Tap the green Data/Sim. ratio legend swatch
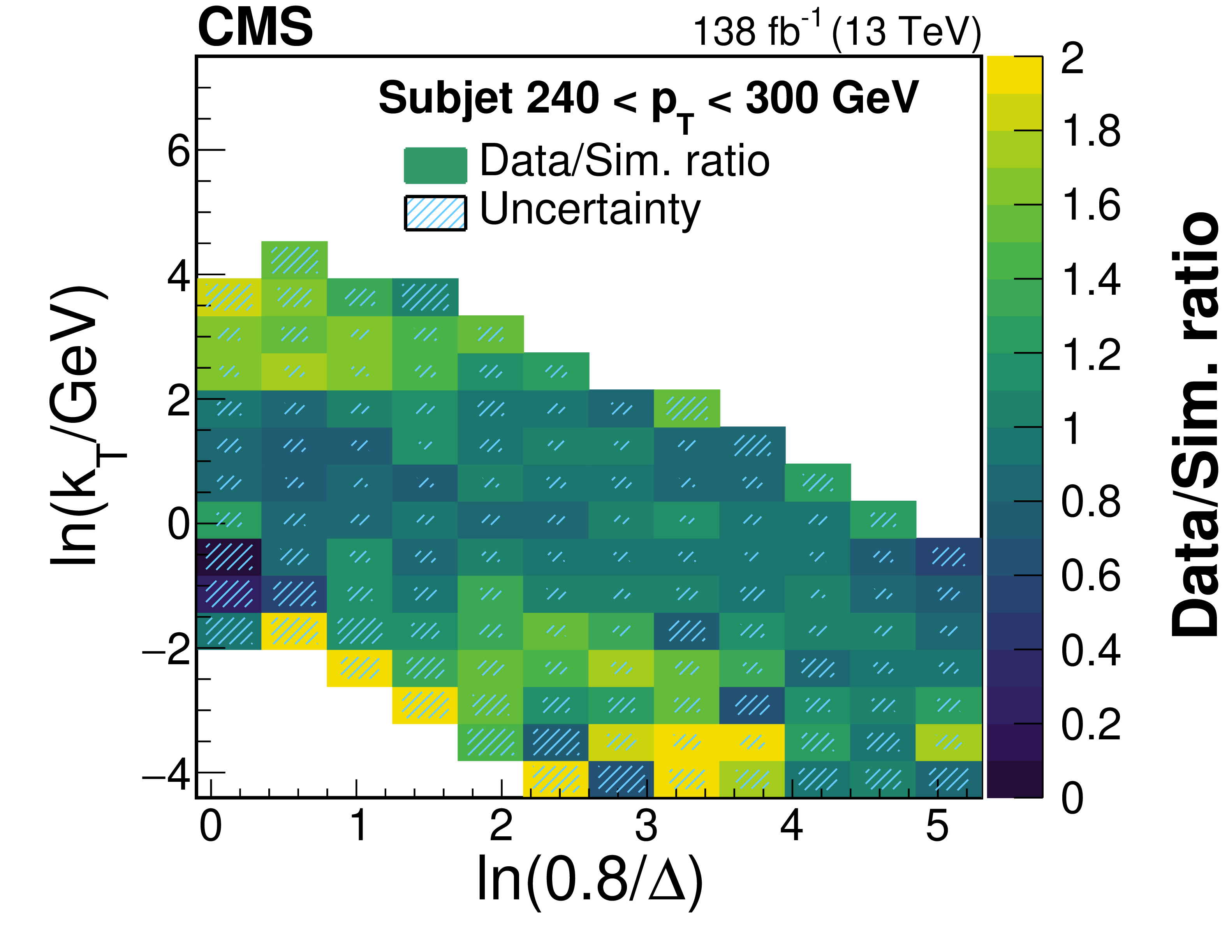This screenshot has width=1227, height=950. pos(435,165)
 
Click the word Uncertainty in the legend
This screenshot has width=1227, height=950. pos(590,209)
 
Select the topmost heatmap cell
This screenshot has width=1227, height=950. pos(294,260)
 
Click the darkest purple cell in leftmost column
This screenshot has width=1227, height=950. pos(229,556)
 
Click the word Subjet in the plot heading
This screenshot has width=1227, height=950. pos(444,99)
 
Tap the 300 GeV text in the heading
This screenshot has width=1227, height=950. pos(831,99)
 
